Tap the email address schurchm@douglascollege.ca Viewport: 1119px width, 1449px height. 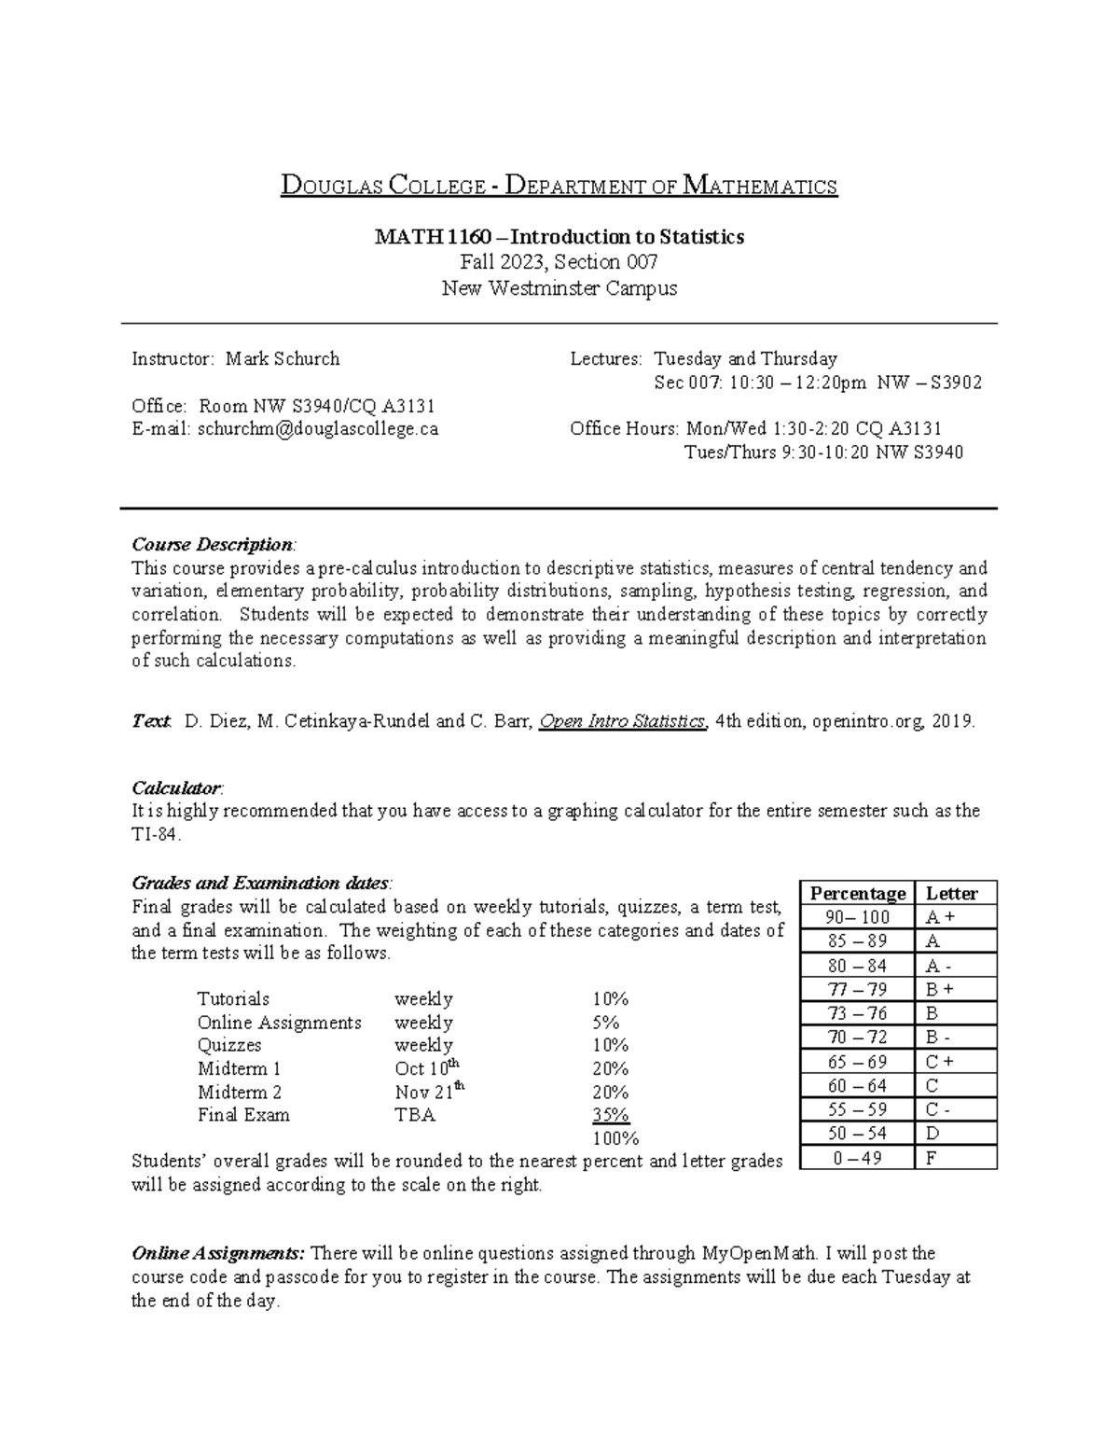tap(317, 429)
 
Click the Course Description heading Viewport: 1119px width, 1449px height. tap(213, 544)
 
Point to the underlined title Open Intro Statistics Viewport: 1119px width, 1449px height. tap(623, 721)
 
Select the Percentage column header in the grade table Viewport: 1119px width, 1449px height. tap(857, 893)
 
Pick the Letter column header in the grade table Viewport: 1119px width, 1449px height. tap(951, 893)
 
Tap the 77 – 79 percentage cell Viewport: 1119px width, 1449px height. tap(857, 989)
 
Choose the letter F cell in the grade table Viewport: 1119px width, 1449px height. tap(931, 1158)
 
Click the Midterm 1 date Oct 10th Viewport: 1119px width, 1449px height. tap(427, 1068)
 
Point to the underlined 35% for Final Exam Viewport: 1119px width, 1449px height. tap(610, 1115)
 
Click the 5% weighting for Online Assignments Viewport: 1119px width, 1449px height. tap(605, 1023)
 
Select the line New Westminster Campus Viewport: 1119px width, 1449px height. tap(559, 288)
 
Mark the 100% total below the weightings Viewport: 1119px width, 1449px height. tap(615, 1138)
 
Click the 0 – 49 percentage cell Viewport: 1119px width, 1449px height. tap(857, 1158)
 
